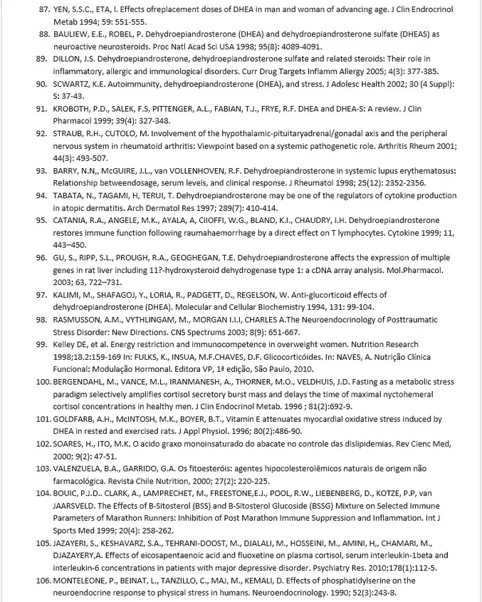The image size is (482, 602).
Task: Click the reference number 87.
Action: pyautogui.click(x=43, y=11)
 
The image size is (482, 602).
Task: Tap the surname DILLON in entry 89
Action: pyautogui.click(x=68, y=58)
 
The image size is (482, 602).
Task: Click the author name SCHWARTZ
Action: pyautogui.click(x=75, y=83)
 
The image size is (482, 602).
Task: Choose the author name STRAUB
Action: pyautogui.click(x=70, y=134)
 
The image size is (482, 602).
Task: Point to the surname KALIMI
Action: pyautogui.click(x=68, y=294)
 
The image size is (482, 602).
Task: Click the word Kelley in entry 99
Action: pyautogui.click(x=66, y=344)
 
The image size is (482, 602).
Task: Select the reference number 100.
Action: pyautogui.click(x=43, y=382)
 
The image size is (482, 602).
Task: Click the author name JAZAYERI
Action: pyautogui.click(x=74, y=543)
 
